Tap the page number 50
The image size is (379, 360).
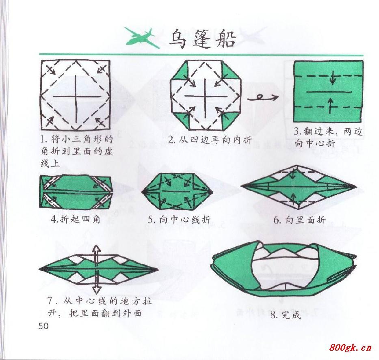pyautogui.click(x=43, y=326)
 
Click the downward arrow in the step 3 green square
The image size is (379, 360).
pyautogui.click(x=333, y=79)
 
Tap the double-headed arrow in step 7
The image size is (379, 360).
pyautogui.click(x=96, y=270)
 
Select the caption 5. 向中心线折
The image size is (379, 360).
pyautogui.click(x=179, y=220)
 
